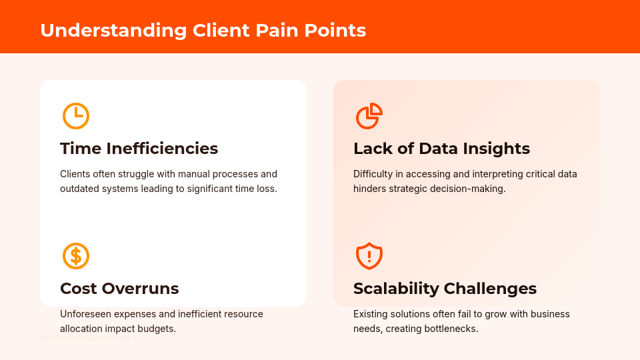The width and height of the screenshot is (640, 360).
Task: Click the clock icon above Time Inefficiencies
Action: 76,116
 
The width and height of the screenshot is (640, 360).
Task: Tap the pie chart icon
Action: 369,116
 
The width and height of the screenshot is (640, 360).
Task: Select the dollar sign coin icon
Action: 76,256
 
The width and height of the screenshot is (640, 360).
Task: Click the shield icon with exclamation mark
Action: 369,256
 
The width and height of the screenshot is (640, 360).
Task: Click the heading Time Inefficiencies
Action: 139,148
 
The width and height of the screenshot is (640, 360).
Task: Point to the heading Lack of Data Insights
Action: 441,148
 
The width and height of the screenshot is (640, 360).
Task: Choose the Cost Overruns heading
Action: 119,288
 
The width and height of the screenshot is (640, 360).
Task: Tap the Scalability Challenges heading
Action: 445,288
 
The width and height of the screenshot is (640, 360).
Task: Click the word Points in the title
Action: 337,31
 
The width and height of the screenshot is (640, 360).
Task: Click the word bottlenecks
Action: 451,329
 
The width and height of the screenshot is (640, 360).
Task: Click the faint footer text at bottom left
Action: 89,339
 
